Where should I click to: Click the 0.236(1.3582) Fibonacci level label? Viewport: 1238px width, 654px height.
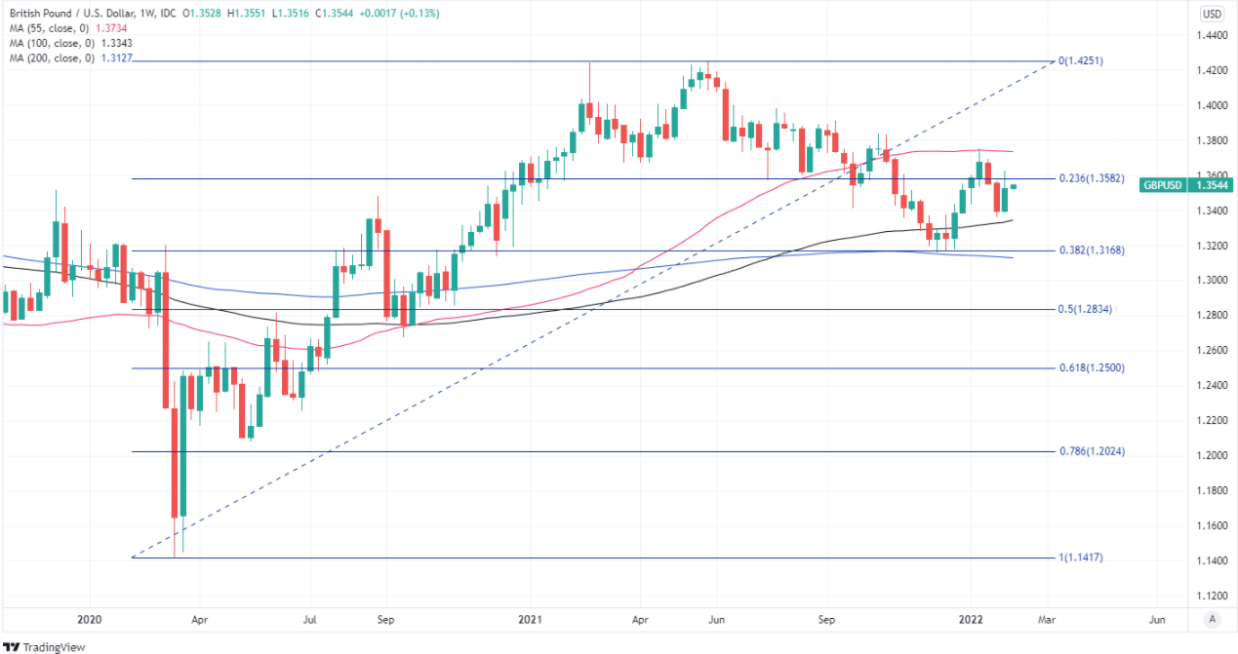1092,179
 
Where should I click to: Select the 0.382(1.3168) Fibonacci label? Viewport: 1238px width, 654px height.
1092,250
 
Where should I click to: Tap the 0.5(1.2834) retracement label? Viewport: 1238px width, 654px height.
1086,310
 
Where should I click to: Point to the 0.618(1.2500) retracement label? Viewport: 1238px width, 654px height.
1092,368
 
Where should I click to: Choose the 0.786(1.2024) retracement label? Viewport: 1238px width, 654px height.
1092,451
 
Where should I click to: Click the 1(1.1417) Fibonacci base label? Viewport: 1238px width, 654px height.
1081,558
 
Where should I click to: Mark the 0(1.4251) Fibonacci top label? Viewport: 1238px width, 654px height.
1081,60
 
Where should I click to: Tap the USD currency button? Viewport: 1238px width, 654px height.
1212,14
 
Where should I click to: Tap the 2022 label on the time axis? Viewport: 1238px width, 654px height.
972,618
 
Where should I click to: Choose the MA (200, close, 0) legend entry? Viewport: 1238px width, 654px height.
54,58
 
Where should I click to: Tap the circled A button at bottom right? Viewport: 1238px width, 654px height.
1212,618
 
